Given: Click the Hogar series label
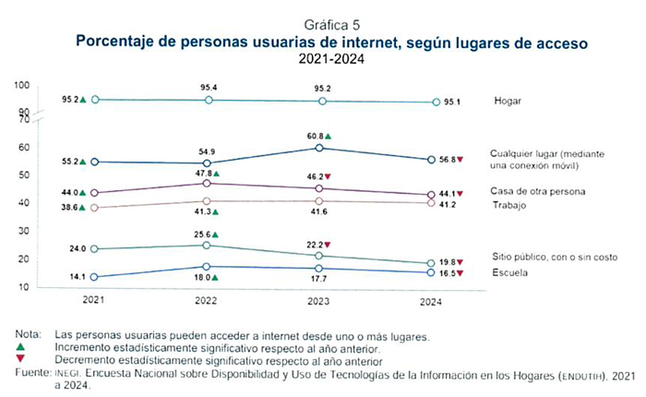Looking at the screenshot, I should [509, 101].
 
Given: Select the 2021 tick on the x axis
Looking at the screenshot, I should [92, 300].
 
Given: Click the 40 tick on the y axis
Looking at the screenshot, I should [22, 203].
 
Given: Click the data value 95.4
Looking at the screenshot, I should [209, 87].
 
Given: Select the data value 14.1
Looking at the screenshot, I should [70, 275].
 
